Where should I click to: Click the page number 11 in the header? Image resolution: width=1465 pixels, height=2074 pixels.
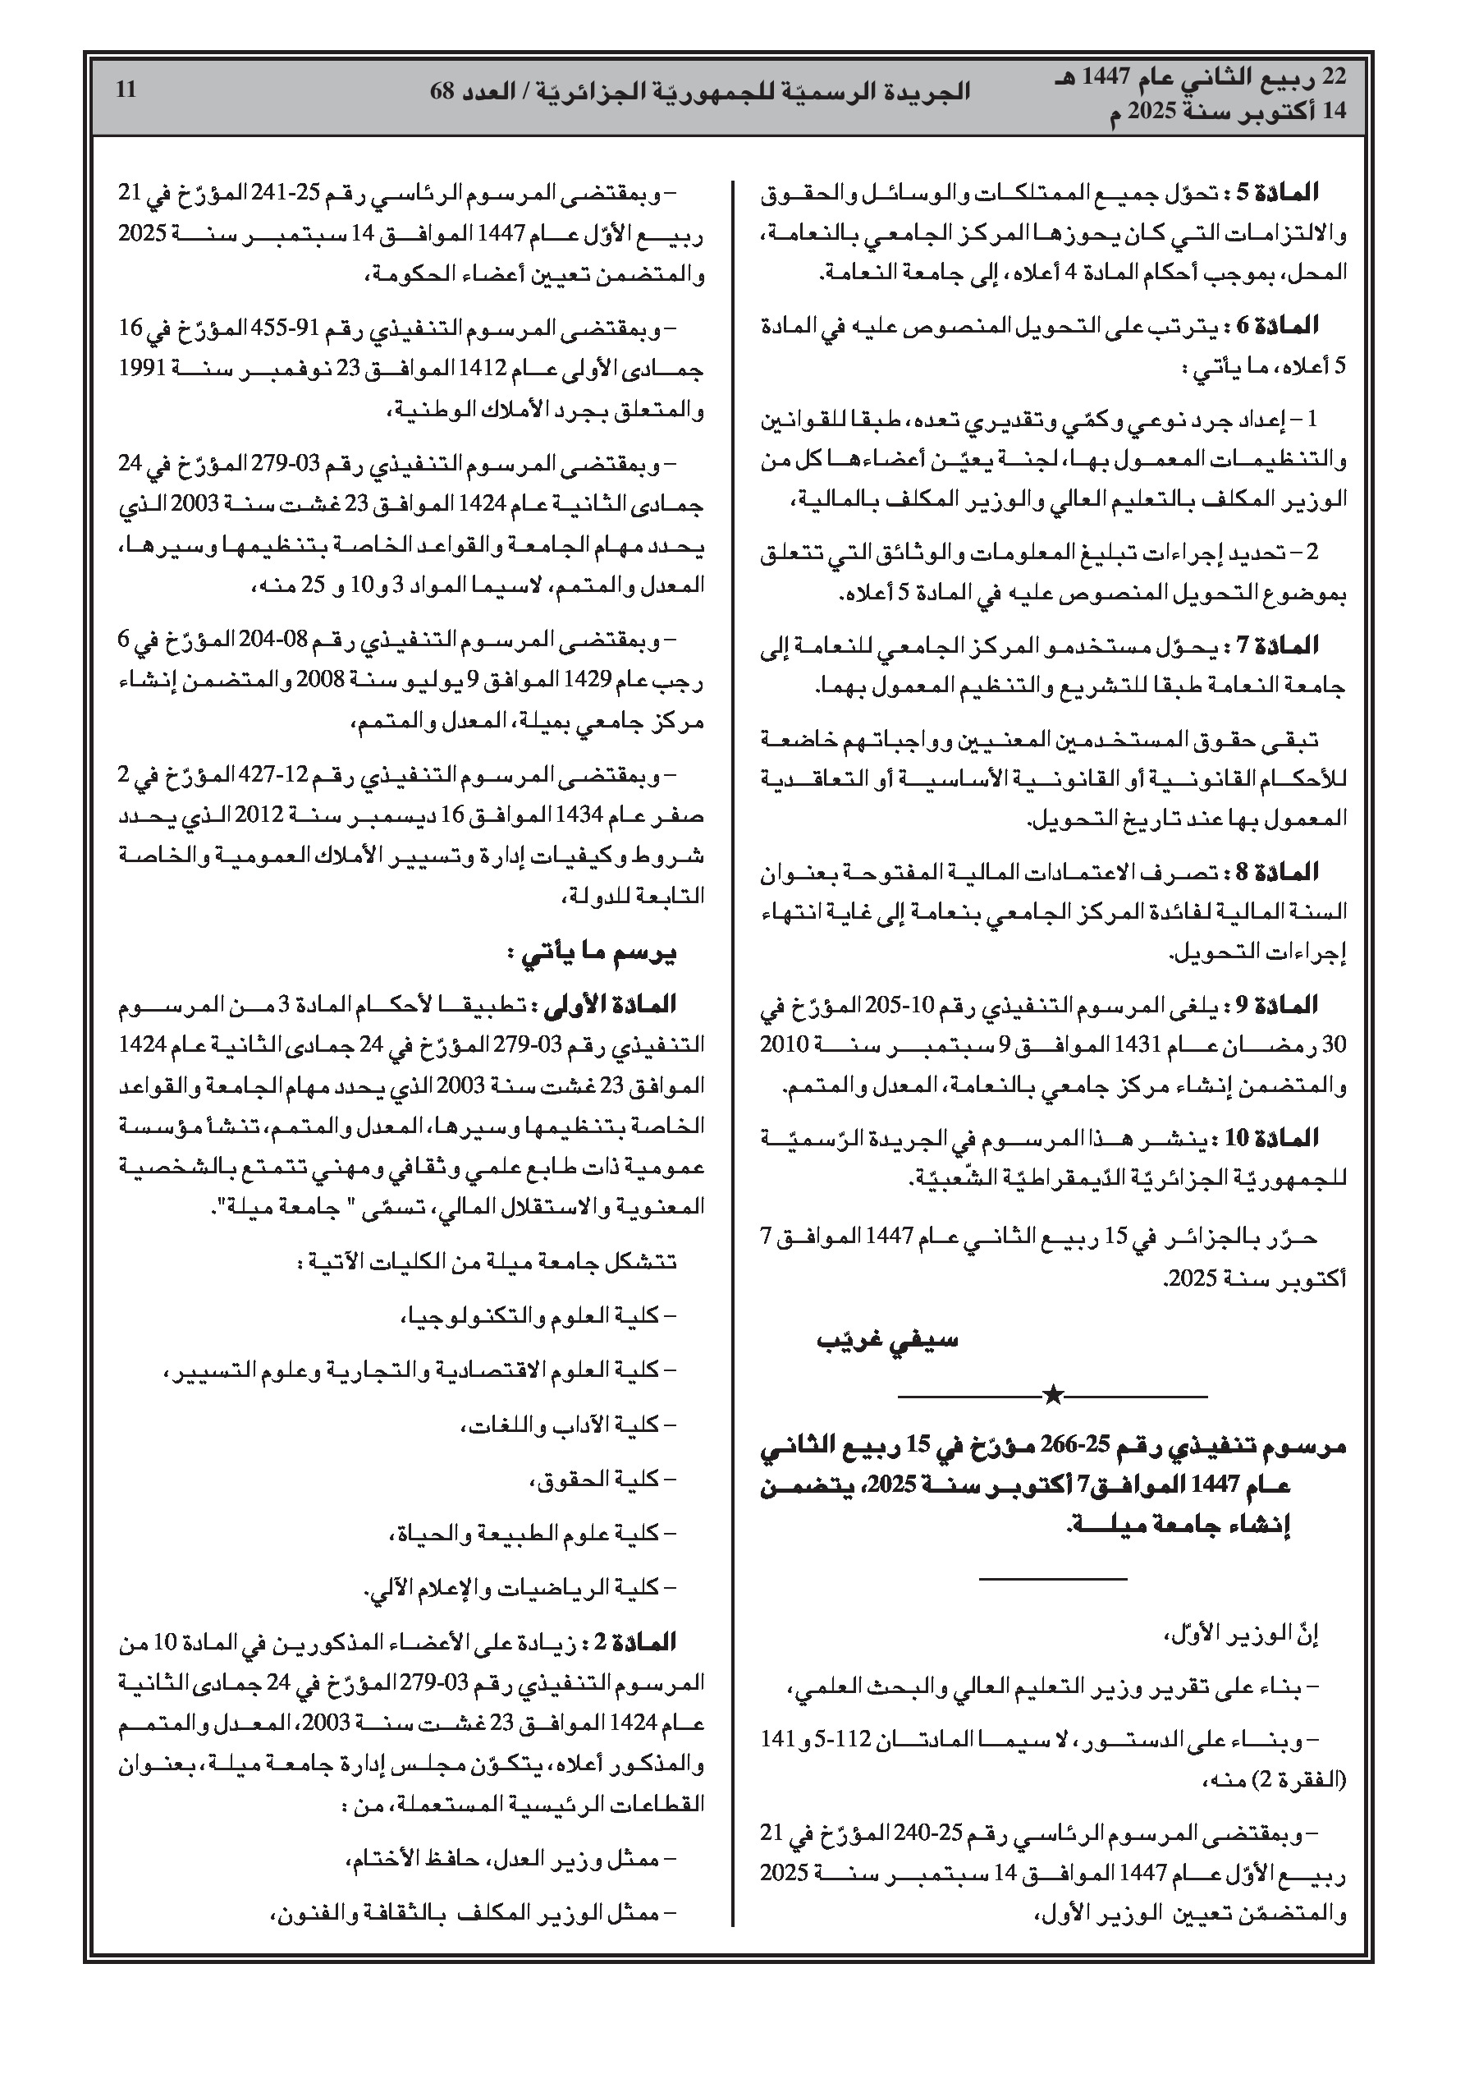click(126, 89)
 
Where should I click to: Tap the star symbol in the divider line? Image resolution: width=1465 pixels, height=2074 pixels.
click(1052, 1396)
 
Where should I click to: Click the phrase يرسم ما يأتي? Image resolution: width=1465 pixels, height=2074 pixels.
click(592, 954)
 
